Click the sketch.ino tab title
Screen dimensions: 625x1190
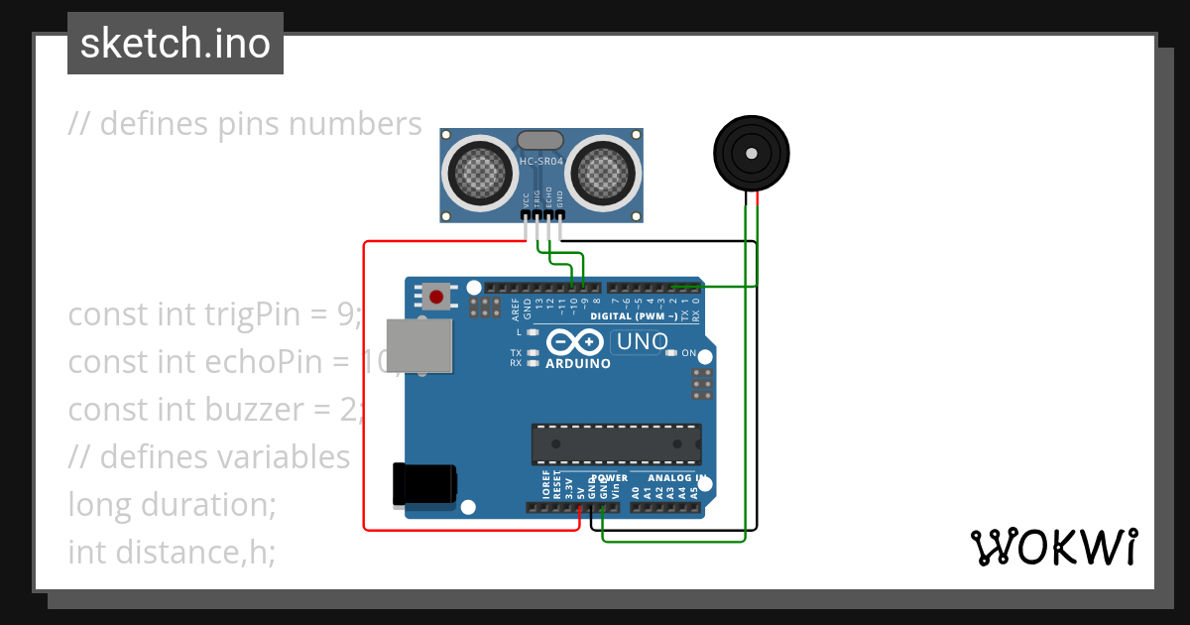(x=175, y=44)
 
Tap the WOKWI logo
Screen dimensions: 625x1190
(x=1053, y=547)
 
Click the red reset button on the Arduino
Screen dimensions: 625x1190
(x=436, y=296)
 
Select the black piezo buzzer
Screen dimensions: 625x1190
(x=752, y=153)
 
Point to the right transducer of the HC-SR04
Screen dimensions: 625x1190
(x=603, y=173)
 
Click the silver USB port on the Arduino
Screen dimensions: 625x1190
(x=418, y=346)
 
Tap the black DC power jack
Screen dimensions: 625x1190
(x=424, y=485)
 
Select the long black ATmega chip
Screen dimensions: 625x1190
(x=616, y=443)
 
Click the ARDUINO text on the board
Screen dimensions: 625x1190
(x=578, y=363)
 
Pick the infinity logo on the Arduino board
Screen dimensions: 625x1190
(x=575, y=342)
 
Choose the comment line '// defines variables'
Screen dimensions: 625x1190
(x=209, y=457)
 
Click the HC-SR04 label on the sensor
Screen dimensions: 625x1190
(x=541, y=161)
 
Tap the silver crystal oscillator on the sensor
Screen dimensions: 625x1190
(x=541, y=141)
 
